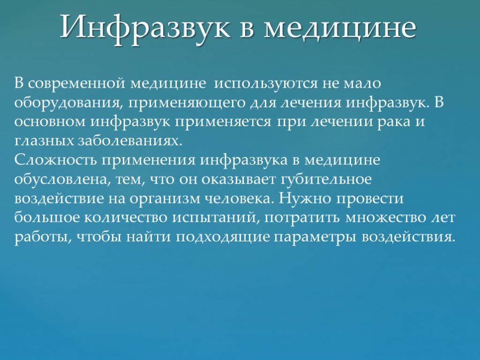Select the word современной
click(77, 83)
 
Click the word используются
click(265, 84)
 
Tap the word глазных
click(44, 141)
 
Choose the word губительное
click(326, 179)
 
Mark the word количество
click(126, 218)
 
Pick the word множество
click(385, 218)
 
